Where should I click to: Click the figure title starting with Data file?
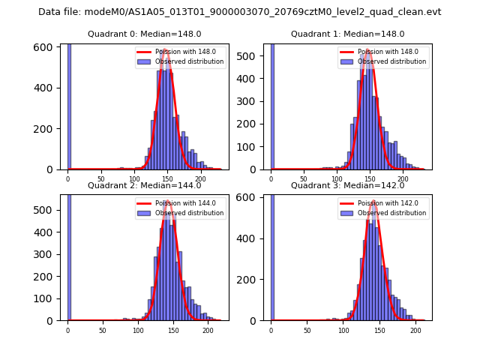tap(240, 12)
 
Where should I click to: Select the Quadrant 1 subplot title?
tap(348, 34)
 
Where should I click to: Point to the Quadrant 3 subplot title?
tap(348, 185)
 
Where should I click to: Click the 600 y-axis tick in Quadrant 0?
tap(51, 47)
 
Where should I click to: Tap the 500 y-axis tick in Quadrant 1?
tap(253, 55)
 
